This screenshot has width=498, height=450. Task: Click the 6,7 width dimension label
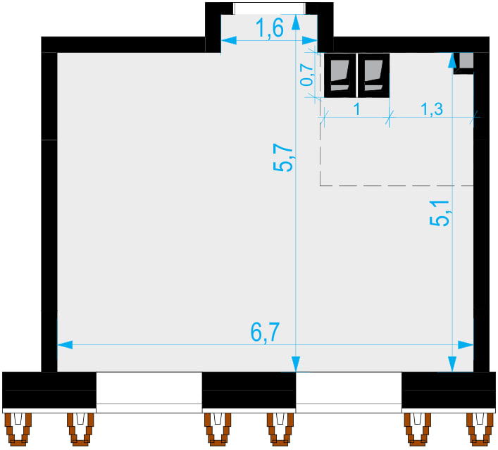coord(265,332)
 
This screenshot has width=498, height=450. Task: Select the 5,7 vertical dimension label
coord(282,158)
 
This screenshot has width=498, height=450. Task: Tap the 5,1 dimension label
coord(440,213)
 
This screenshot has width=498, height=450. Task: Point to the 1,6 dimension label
coord(270,28)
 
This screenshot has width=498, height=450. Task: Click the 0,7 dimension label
coord(306,75)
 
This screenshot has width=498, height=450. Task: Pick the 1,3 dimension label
coord(432,109)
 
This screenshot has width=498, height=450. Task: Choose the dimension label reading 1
coord(357,109)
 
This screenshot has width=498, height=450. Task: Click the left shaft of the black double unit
coord(340,75)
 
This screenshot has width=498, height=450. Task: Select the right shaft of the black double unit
coord(373,75)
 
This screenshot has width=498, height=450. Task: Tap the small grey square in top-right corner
coord(466,60)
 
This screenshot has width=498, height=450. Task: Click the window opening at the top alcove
coord(269,8)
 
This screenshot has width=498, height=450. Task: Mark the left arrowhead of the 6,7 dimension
coord(65,345)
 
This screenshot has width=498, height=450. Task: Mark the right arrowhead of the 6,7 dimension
coord(466,345)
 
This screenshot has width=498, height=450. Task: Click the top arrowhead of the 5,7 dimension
coord(296,23)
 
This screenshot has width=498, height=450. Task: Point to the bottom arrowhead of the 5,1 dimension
coord(452,364)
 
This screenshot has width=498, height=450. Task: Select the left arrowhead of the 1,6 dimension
coord(229,40)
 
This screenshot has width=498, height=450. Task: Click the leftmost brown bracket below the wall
coord(18,430)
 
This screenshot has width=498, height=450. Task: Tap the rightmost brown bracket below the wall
coord(480,430)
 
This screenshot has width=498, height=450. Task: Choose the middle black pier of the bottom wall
coord(249,390)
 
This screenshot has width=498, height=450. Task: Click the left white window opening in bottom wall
coord(149,392)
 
